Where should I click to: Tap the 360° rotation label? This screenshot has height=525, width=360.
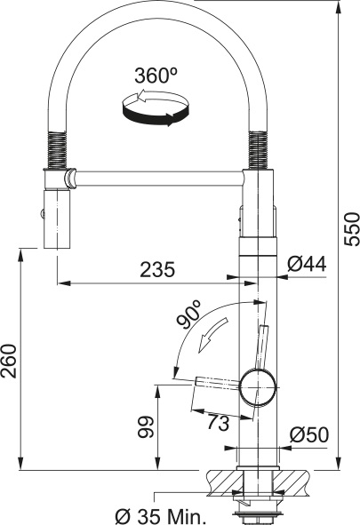pyautogui.click(x=156, y=76)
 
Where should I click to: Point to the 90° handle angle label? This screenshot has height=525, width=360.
pyautogui.click(x=188, y=316)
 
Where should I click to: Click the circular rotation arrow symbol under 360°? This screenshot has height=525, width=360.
pyautogui.click(x=156, y=110)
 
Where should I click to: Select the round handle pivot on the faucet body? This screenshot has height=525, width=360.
pyautogui.click(x=256, y=385)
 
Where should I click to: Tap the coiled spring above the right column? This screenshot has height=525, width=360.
pyautogui.click(x=259, y=148)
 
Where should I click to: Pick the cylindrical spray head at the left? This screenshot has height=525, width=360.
pyautogui.click(x=57, y=218)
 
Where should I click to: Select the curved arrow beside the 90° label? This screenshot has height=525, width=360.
pyautogui.click(x=210, y=339)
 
